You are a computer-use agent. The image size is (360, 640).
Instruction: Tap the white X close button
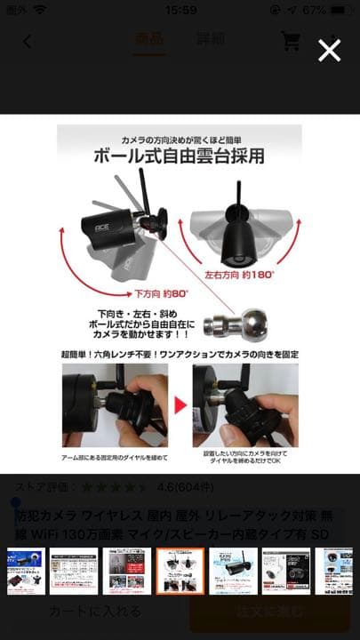coord(329,51)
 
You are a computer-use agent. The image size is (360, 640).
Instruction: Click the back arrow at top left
coord(27,41)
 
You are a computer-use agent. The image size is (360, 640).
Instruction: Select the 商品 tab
coord(149,40)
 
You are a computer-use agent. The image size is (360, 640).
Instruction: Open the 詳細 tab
coord(210,40)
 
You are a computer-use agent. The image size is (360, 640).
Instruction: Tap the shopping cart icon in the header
coord(291,41)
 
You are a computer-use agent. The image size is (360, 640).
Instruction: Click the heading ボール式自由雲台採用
coord(180,156)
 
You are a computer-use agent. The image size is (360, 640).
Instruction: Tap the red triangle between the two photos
coord(180,405)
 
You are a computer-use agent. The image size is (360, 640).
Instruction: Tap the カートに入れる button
coord(94,612)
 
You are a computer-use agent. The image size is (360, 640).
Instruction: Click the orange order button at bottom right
coord(268,612)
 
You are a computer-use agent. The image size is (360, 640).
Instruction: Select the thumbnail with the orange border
coord(180,571)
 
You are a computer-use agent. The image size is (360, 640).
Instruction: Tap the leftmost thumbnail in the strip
coord(25,571)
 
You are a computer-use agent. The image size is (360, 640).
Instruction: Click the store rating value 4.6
coord(164,487)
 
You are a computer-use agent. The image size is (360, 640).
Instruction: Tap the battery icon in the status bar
coord(339,10)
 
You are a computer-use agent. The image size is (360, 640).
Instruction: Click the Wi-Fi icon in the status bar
coord(41,10)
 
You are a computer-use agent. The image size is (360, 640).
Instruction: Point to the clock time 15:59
coord(180,10)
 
